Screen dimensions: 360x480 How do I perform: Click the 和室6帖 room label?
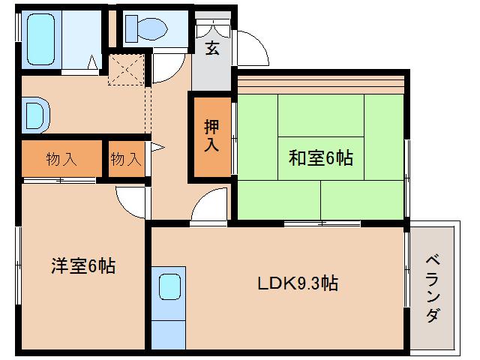[321, 158]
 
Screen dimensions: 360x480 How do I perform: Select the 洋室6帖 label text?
[82, 265]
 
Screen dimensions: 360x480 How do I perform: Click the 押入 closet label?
[211, 136]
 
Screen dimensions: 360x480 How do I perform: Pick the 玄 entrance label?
[212, 49]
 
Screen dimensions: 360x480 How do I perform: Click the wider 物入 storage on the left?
[61, 159]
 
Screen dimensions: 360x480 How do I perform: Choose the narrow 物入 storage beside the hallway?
[126, 159]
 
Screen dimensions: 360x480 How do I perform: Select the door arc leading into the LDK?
[209, 205]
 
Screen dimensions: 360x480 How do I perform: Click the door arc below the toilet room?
[164, 69]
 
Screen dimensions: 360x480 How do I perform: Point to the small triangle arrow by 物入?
[157, 148]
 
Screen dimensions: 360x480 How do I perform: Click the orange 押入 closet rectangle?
[211, 136]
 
